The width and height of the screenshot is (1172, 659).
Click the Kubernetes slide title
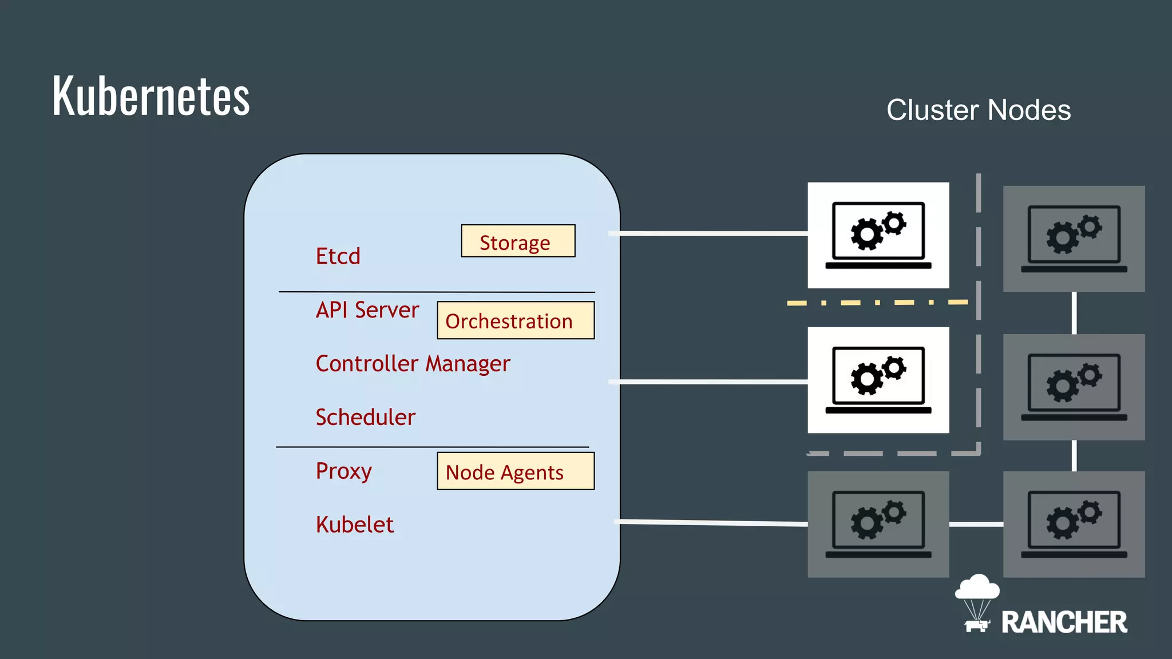(151, 96)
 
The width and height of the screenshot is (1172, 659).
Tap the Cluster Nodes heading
(978, 110)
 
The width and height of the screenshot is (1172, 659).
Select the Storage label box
(518, 241)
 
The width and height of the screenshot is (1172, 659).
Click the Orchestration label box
(515, 320)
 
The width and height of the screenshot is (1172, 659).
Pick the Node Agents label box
(515, 471)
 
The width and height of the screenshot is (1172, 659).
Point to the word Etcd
(338, 256)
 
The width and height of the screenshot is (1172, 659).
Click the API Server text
(367, 310)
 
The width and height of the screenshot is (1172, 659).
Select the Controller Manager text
(412, 364)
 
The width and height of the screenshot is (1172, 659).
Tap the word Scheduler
(365, 418)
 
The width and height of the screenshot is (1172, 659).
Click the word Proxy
(343, 471)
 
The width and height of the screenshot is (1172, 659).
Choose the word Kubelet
(354, 525)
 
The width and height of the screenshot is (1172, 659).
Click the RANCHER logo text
(1063, 622)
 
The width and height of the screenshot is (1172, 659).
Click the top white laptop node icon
(878, 235)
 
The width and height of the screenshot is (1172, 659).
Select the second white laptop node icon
(878, 380)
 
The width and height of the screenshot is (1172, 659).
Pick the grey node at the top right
(1074, 239)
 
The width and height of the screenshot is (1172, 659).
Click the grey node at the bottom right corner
(1074, 524)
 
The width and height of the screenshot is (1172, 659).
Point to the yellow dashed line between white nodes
(877, 303)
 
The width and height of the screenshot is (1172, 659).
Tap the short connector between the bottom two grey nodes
(976, 524)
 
